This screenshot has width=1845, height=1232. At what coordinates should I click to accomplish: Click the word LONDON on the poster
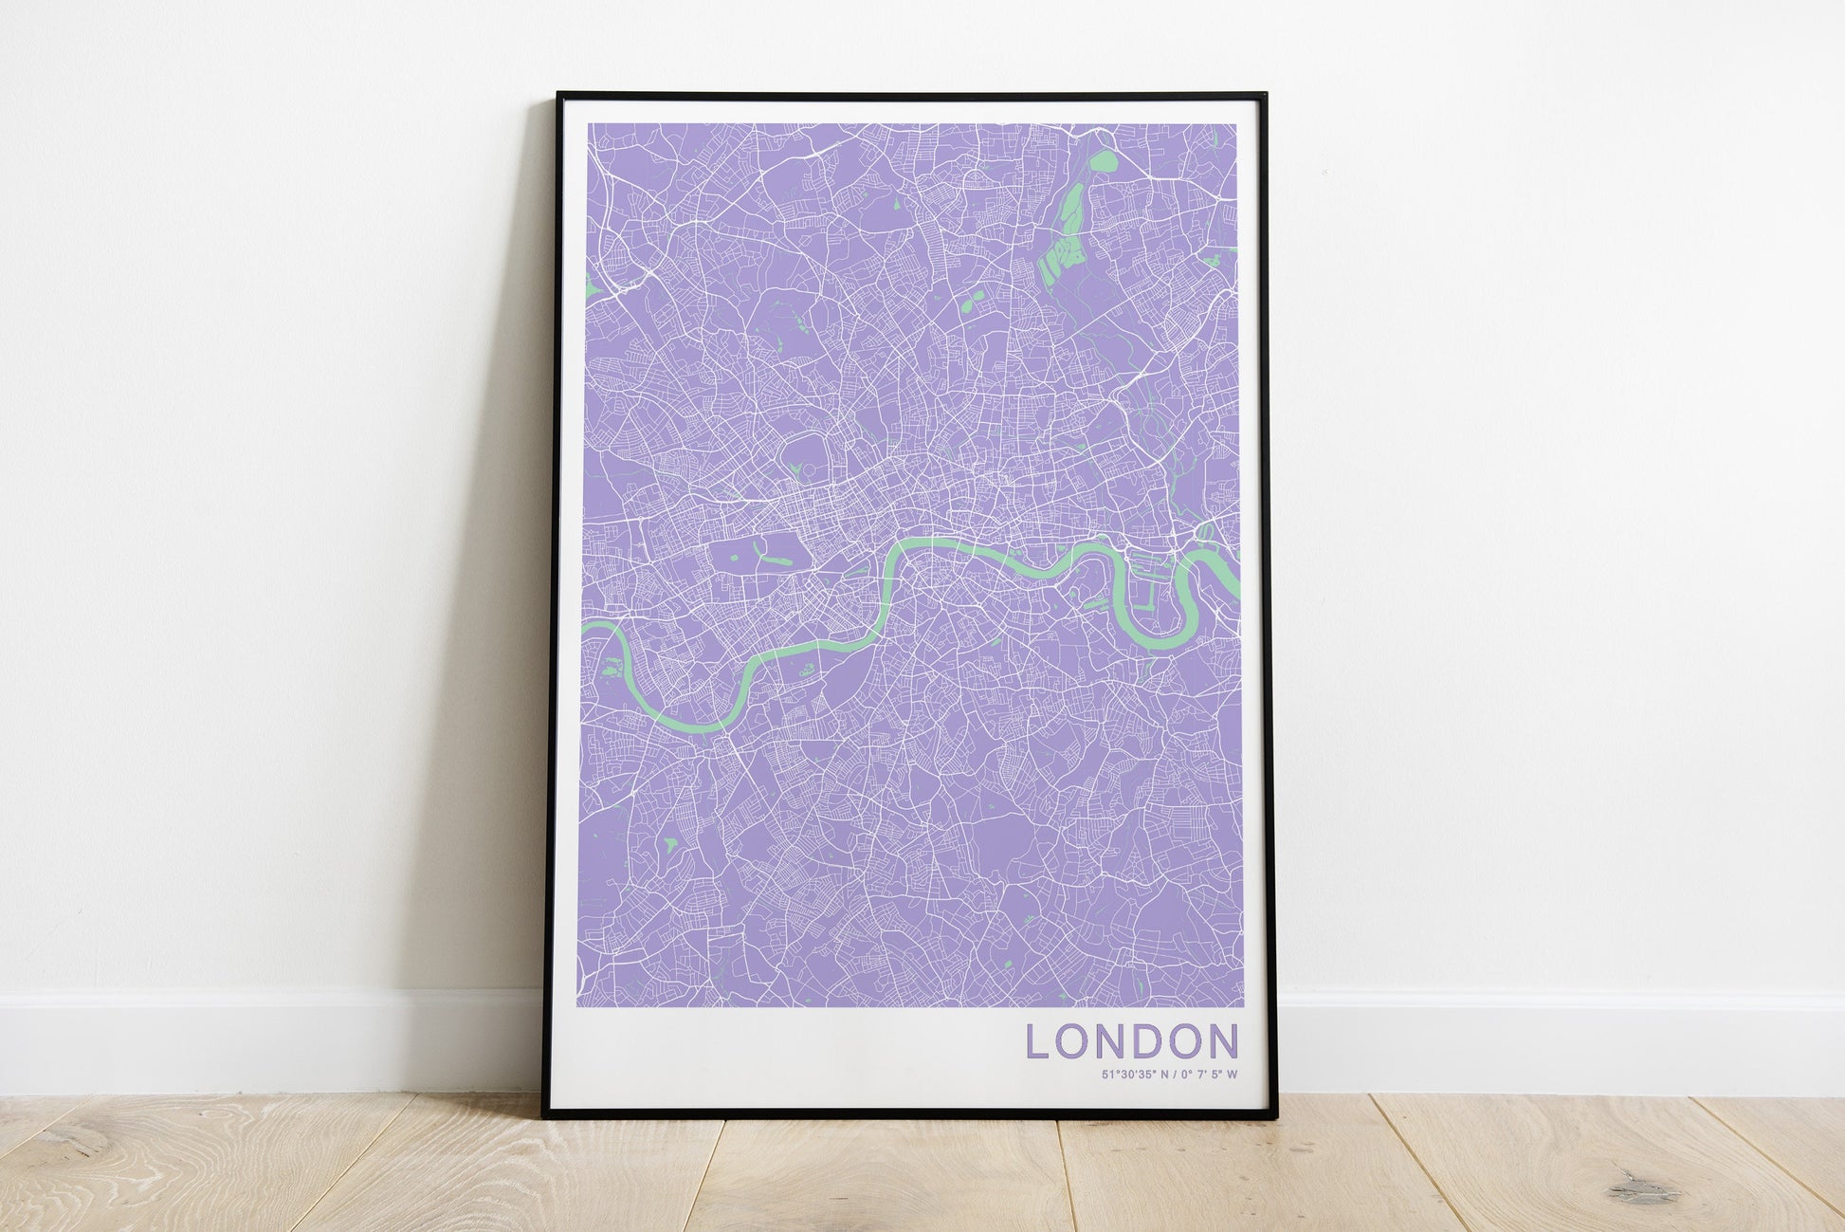point(1132,1040)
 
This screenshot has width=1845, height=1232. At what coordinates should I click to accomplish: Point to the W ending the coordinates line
point(1233,1075)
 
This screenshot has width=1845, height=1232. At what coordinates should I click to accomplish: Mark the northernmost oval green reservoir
point(1102,165)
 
